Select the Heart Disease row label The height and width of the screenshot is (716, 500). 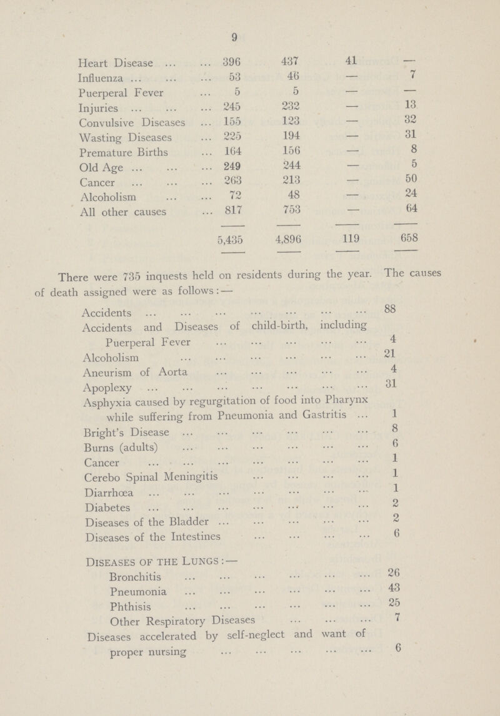111,63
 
